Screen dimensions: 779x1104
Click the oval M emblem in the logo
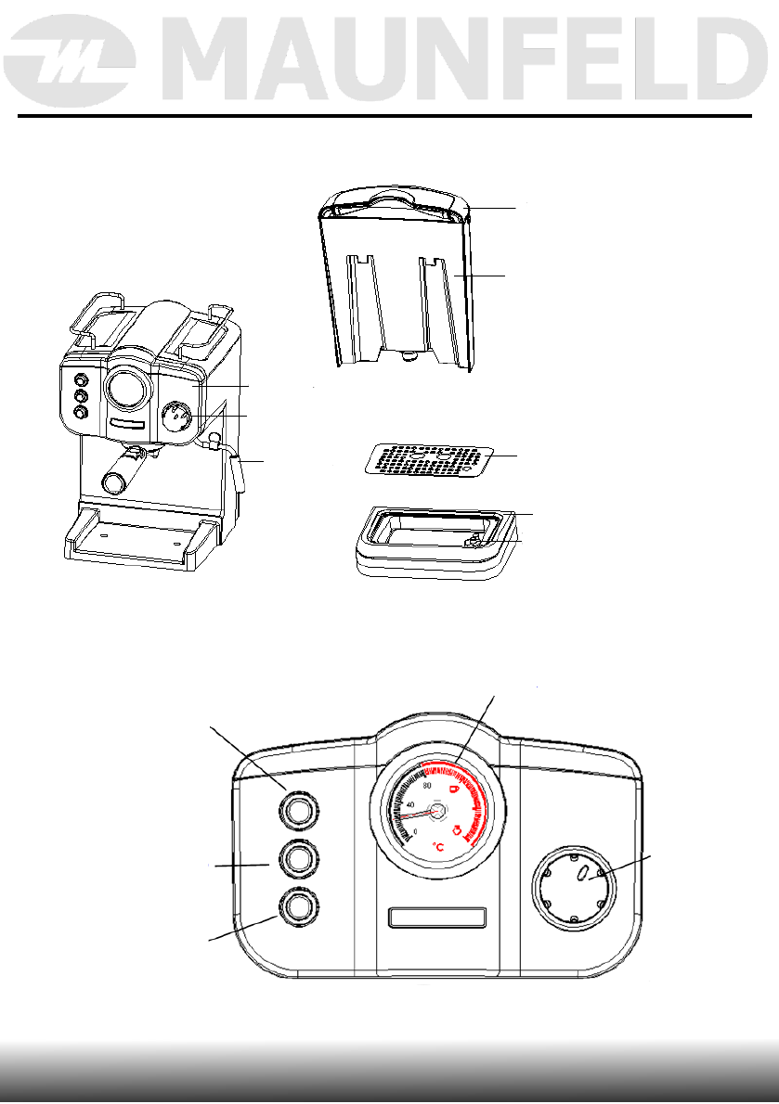[x=69, y=62]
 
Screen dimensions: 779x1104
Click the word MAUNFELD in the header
[x=465, y=60]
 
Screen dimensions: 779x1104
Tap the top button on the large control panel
[x=298, y=807]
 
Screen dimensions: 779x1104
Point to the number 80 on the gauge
[x=427, y=786]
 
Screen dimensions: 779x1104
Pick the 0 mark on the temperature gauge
[x=415, y=831]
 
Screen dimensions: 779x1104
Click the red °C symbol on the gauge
[x=438, y=846]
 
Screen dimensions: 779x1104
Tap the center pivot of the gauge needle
[x=436, y=811]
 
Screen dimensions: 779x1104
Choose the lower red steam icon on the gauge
[x=461, y=829]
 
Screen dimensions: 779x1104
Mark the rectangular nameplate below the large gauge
[x=437, y=918]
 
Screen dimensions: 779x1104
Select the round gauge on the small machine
[x=128, y=387]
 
